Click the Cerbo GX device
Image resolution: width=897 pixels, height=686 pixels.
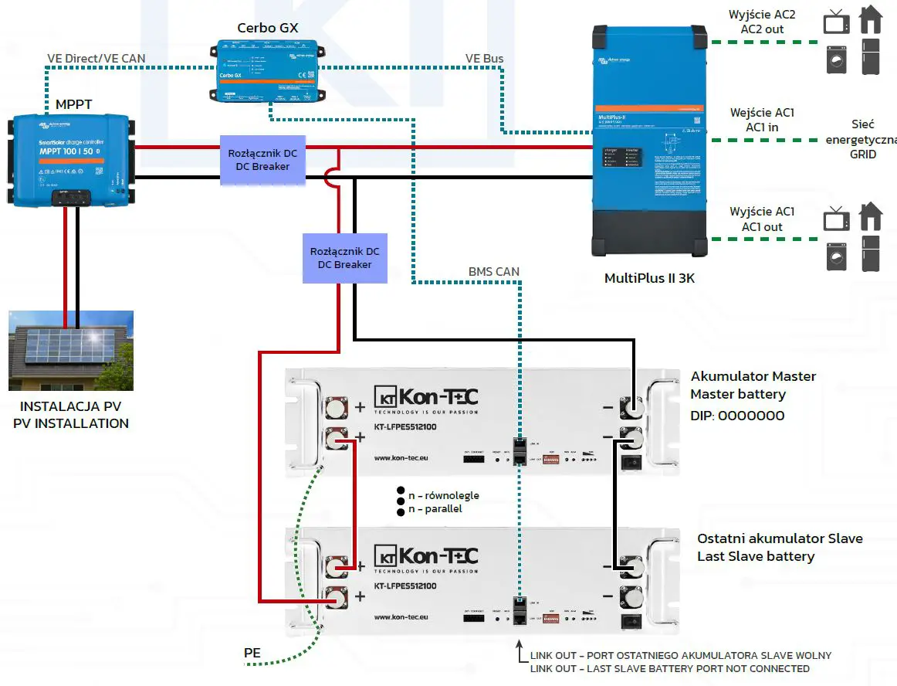267,73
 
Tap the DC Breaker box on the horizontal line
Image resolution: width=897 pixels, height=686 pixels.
262,160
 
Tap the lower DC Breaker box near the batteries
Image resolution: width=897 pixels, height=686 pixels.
344,258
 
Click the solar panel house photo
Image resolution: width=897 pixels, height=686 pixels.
71,351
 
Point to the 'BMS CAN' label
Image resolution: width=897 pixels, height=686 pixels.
494,272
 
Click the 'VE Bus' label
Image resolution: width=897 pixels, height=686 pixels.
485,59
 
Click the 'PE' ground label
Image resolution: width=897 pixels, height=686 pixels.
252,654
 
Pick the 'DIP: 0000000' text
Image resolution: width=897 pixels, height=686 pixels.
737,416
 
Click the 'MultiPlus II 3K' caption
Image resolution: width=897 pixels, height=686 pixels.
649,278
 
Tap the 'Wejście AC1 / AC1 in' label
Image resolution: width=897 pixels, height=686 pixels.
763,120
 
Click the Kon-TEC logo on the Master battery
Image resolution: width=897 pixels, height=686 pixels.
426,399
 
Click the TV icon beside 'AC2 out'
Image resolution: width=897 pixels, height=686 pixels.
837,22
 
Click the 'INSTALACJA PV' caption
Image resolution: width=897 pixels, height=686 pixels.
70,407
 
